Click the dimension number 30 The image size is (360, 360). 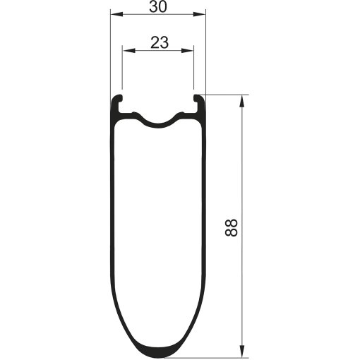158,7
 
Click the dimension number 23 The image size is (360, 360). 160,42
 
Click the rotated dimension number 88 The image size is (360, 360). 232,228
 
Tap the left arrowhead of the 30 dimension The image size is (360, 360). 117,14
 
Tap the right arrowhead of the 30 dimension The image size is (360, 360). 199,14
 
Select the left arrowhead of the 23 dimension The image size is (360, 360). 129,51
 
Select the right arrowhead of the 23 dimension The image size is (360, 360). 187,51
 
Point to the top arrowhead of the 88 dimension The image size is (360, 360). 241,101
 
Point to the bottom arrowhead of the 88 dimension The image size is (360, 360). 241,352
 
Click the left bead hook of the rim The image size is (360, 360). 118,98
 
